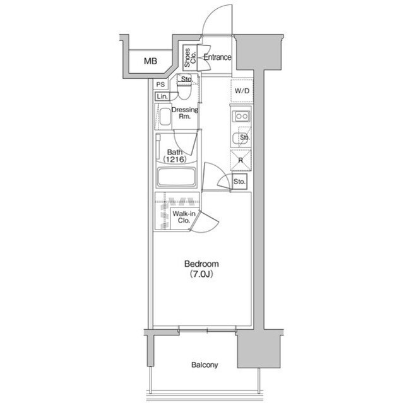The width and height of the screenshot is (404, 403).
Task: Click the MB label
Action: (x=150, y=61)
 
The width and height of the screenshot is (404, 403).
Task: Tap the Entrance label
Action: (x=217, y=57)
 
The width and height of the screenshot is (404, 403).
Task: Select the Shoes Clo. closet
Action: (x=190, y=57)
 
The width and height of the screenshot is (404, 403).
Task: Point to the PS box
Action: (x=160, y=85)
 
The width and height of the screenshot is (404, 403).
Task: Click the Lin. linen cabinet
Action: (x=162, y=96)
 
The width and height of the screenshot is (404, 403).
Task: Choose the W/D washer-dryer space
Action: (x=242, y=91)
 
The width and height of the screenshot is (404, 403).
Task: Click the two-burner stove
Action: (x=241, y=116)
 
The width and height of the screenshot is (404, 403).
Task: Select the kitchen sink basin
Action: (x=237, y=139)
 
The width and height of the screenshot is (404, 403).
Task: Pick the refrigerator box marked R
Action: (x=241, y=160)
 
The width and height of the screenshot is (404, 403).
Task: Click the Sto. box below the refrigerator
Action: (x=239, y=182)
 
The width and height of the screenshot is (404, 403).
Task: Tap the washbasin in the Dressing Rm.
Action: (x=165, y=117)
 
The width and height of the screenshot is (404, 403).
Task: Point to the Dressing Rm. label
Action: (x=185, y=113)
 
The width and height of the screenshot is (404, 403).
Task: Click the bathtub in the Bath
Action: (x=177, y=177)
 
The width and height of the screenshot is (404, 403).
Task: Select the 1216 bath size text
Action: (x=175, y=160)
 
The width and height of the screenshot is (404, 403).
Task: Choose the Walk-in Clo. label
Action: (x=184, y=217)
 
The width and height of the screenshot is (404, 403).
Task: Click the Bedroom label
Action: (x=201, y=264)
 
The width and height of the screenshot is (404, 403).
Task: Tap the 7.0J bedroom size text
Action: (x=201, y=274)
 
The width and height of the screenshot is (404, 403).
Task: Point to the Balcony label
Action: (x=205, y=365)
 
